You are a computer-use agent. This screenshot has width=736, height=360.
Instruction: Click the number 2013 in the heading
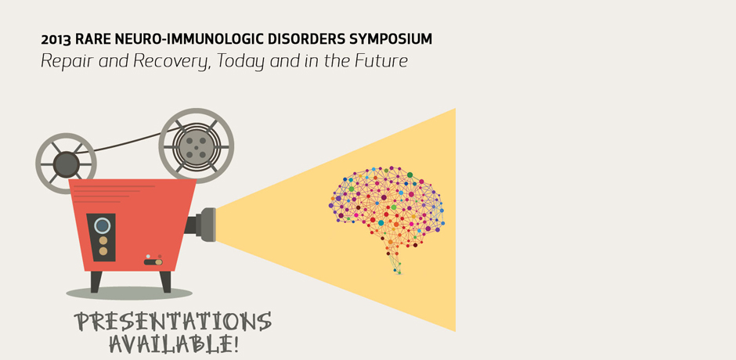(x=56, y=39)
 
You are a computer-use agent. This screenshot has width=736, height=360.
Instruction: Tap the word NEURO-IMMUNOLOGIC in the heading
(x=171, y=39)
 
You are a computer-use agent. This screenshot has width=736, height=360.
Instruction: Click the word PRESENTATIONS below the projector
(x=173, y=322)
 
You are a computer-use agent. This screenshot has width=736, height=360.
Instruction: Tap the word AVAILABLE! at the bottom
(x=174, y=344)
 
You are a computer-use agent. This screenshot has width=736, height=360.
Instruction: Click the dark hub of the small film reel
(x=66, y=164)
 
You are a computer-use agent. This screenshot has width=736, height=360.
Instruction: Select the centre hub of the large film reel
(x=197, y=146)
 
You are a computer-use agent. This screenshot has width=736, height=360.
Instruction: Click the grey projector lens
(x=206, y=225)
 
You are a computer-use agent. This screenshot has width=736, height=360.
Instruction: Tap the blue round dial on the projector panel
(x=102, y=225)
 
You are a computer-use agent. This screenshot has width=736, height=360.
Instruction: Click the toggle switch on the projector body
(x=153, y=261)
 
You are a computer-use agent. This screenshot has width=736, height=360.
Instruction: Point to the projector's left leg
(x=96, y=282)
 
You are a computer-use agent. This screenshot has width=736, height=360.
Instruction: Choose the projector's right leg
(x=165, y=282)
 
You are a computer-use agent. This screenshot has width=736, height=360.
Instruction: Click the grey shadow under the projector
(x=129, y=293)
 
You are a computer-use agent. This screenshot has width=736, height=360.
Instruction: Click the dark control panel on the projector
(x=101, y=237)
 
